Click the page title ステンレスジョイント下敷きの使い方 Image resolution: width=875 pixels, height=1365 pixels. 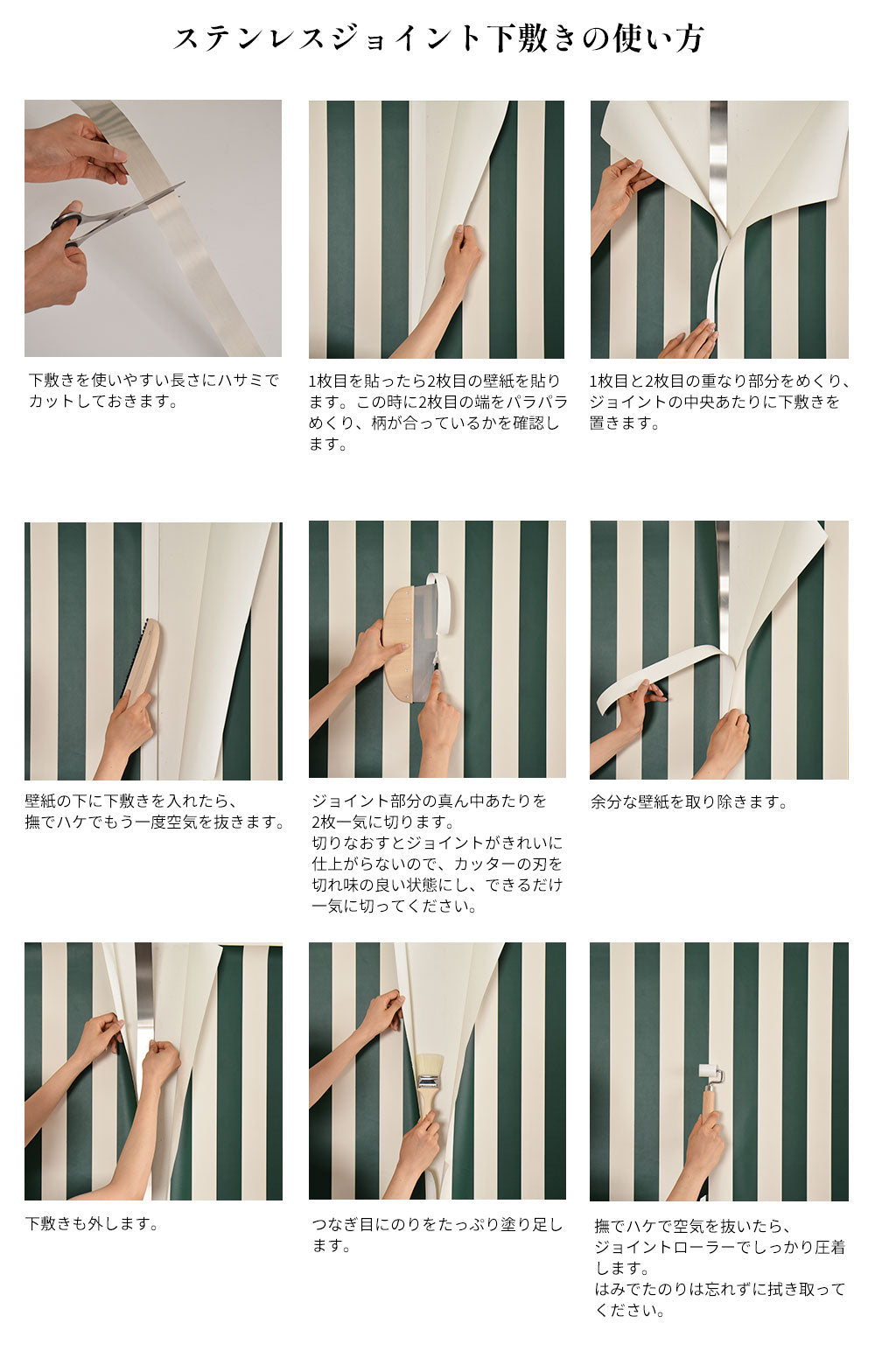[438, 38]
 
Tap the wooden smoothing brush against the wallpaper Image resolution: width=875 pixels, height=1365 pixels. [141, 657]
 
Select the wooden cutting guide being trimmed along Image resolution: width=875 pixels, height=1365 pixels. [406, 644]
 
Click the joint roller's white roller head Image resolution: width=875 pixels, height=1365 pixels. [710, 1073]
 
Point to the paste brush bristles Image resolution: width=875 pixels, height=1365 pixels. [429, 1064]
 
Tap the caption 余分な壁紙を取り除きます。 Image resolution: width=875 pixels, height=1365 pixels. [689, 801]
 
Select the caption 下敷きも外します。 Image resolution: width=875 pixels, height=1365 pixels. [91, 1223]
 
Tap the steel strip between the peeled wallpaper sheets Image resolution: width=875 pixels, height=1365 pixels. [718, 158]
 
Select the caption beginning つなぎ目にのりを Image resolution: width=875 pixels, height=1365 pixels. [437, 1235]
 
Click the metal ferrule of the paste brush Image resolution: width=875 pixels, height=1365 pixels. [428, 1084]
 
